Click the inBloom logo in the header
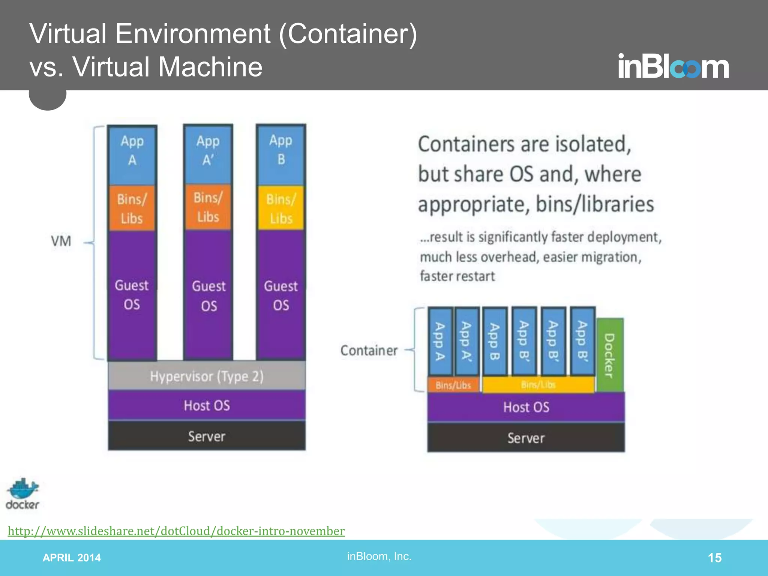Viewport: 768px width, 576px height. point(673,67)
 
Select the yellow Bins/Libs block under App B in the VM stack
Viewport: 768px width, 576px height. point(281,208)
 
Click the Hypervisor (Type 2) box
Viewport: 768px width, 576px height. point(207,376)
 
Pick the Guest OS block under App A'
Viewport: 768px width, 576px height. point(208,295)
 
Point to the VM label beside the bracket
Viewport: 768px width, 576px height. point(61,241)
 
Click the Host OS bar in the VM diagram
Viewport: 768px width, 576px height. point(207,405)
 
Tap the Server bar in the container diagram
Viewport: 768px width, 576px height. point(526,438)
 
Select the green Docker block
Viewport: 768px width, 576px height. point(610,355)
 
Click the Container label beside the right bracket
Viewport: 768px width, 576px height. point(369,350)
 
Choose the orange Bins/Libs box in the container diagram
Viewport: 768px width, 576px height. point(453,385)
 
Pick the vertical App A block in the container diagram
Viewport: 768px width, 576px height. point(440,341)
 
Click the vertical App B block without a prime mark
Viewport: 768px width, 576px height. point(495,341)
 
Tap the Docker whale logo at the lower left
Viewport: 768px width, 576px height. point(22,493)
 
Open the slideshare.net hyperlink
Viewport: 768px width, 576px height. point(176,531)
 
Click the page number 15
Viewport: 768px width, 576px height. point(714,558)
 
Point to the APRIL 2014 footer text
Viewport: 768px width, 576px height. point(72,558)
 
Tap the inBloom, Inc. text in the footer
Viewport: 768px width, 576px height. point(379,556)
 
